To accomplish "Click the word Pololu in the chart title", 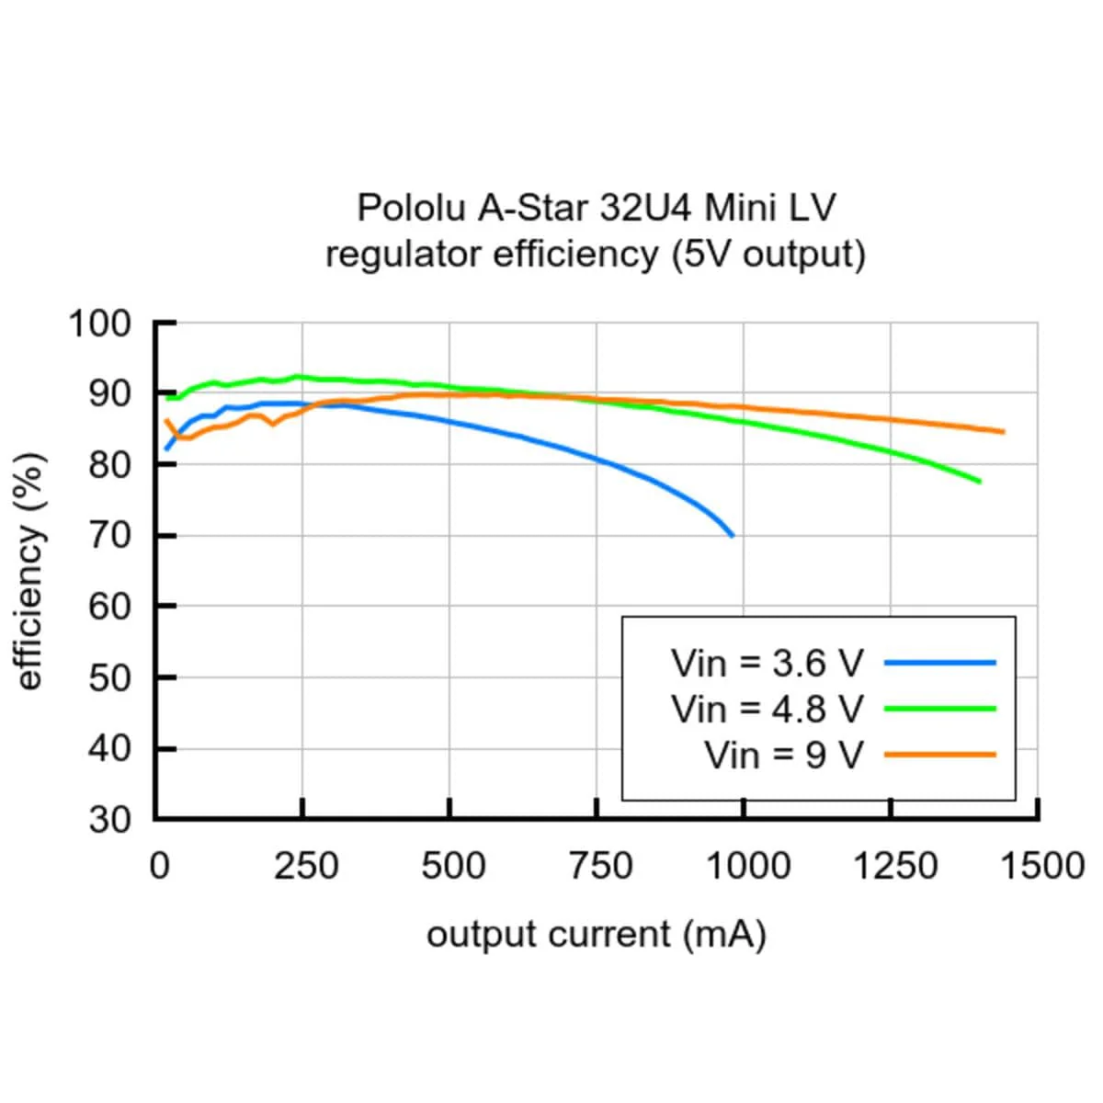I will pos(410,208).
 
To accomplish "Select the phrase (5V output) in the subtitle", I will pos(768,254).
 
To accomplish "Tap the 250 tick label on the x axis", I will pos(305,866).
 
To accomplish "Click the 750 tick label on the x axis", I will pos(599,866).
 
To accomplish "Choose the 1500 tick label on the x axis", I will pos(1041,866).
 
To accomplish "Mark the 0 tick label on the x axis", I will pos(160,866).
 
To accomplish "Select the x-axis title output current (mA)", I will pos(596,935).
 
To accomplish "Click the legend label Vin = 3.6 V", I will pos(768,663).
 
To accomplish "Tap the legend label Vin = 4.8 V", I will pos(768,709).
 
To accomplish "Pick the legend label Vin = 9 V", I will pos(784,756).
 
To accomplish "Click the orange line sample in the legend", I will pos(939,756).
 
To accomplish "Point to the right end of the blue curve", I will pos(732,535).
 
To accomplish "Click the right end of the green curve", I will pos(979,481).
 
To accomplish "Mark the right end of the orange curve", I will pos(1003,431).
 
